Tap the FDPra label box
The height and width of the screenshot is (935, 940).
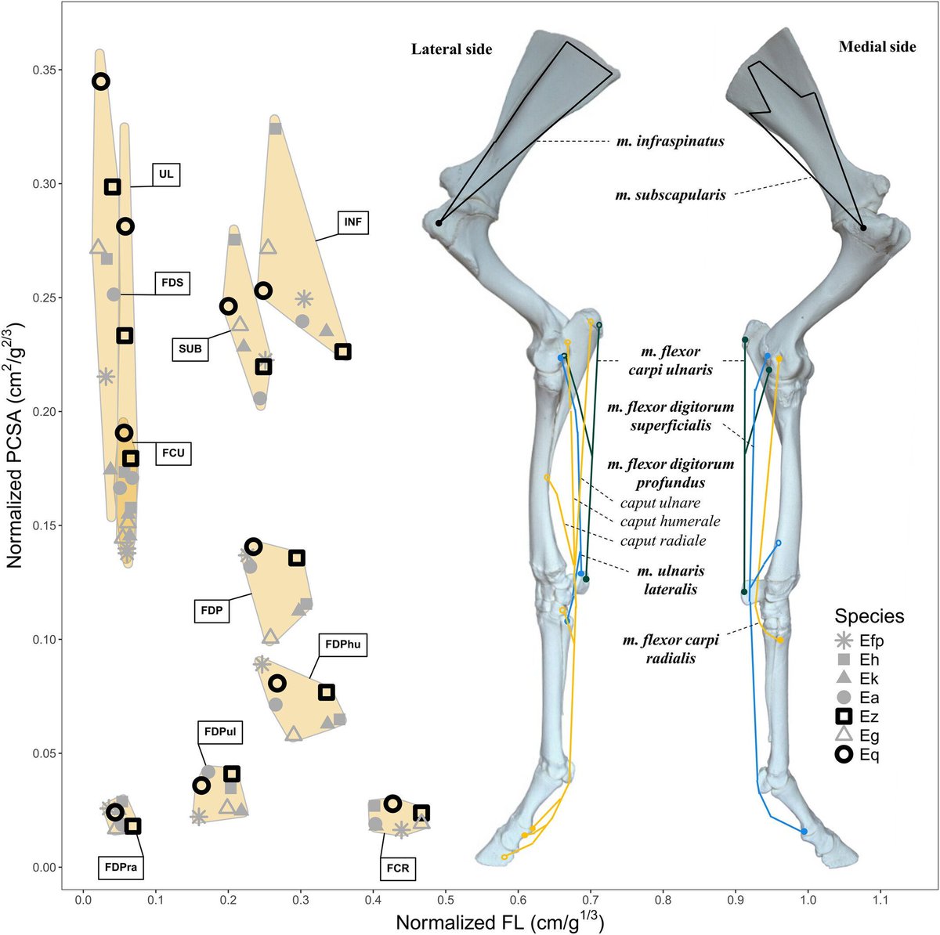point(122,867)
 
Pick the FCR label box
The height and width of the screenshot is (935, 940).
point(396,867)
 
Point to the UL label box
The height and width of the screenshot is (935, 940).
point(165,175)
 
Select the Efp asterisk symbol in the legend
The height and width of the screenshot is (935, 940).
point(844,640)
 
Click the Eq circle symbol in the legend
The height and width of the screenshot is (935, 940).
point(844,755)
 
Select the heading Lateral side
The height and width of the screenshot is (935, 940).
point(452,49)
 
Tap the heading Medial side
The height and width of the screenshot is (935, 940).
point(877,47)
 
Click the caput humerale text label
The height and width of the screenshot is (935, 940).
point(670,522)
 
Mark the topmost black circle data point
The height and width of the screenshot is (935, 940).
point(100,81)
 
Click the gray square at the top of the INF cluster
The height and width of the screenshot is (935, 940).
point(275,128)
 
